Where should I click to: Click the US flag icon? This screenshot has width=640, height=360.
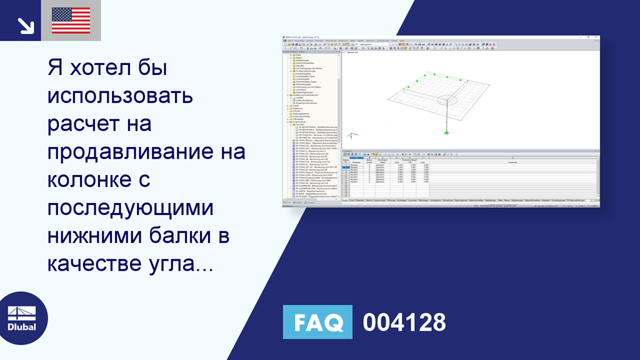click(x=71, y=21)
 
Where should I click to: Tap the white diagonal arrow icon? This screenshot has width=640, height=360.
click(x=25, y=25)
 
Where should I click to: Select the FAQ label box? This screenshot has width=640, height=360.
click(x=317, y=322)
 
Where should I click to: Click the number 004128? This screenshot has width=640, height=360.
click(x=404, y=322)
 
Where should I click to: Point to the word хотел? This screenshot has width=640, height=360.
click(x=97, y=68)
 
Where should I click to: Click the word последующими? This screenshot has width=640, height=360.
click(x=130, y=208)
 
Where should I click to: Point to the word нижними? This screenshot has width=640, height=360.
click(x=93, y=236)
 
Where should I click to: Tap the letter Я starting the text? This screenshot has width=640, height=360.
click(x=55, y=68)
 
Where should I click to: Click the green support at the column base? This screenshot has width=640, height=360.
click(x=446, y=131)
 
